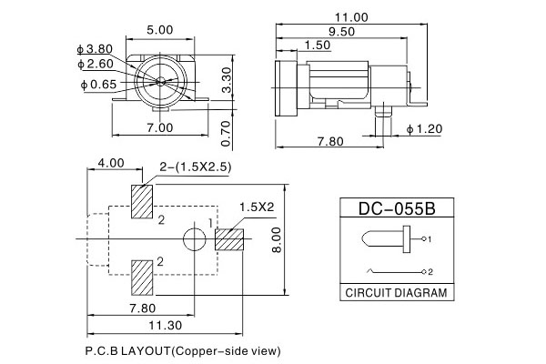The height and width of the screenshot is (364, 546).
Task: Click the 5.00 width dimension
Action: (160, 30)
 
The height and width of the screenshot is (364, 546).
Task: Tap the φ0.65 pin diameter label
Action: (98, 84)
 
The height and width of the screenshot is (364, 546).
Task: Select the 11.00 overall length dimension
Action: (349, 17)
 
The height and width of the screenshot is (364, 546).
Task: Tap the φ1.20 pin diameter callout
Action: (424, 128)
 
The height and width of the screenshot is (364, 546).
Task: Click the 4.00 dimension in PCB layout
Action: (111, 163)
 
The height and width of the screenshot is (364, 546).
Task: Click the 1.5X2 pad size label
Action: (257, 207)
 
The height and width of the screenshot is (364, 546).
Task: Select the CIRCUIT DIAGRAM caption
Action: (397, 293)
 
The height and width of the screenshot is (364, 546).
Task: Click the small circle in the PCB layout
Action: (194, 240)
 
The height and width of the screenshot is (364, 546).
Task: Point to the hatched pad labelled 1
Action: (230, 240)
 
